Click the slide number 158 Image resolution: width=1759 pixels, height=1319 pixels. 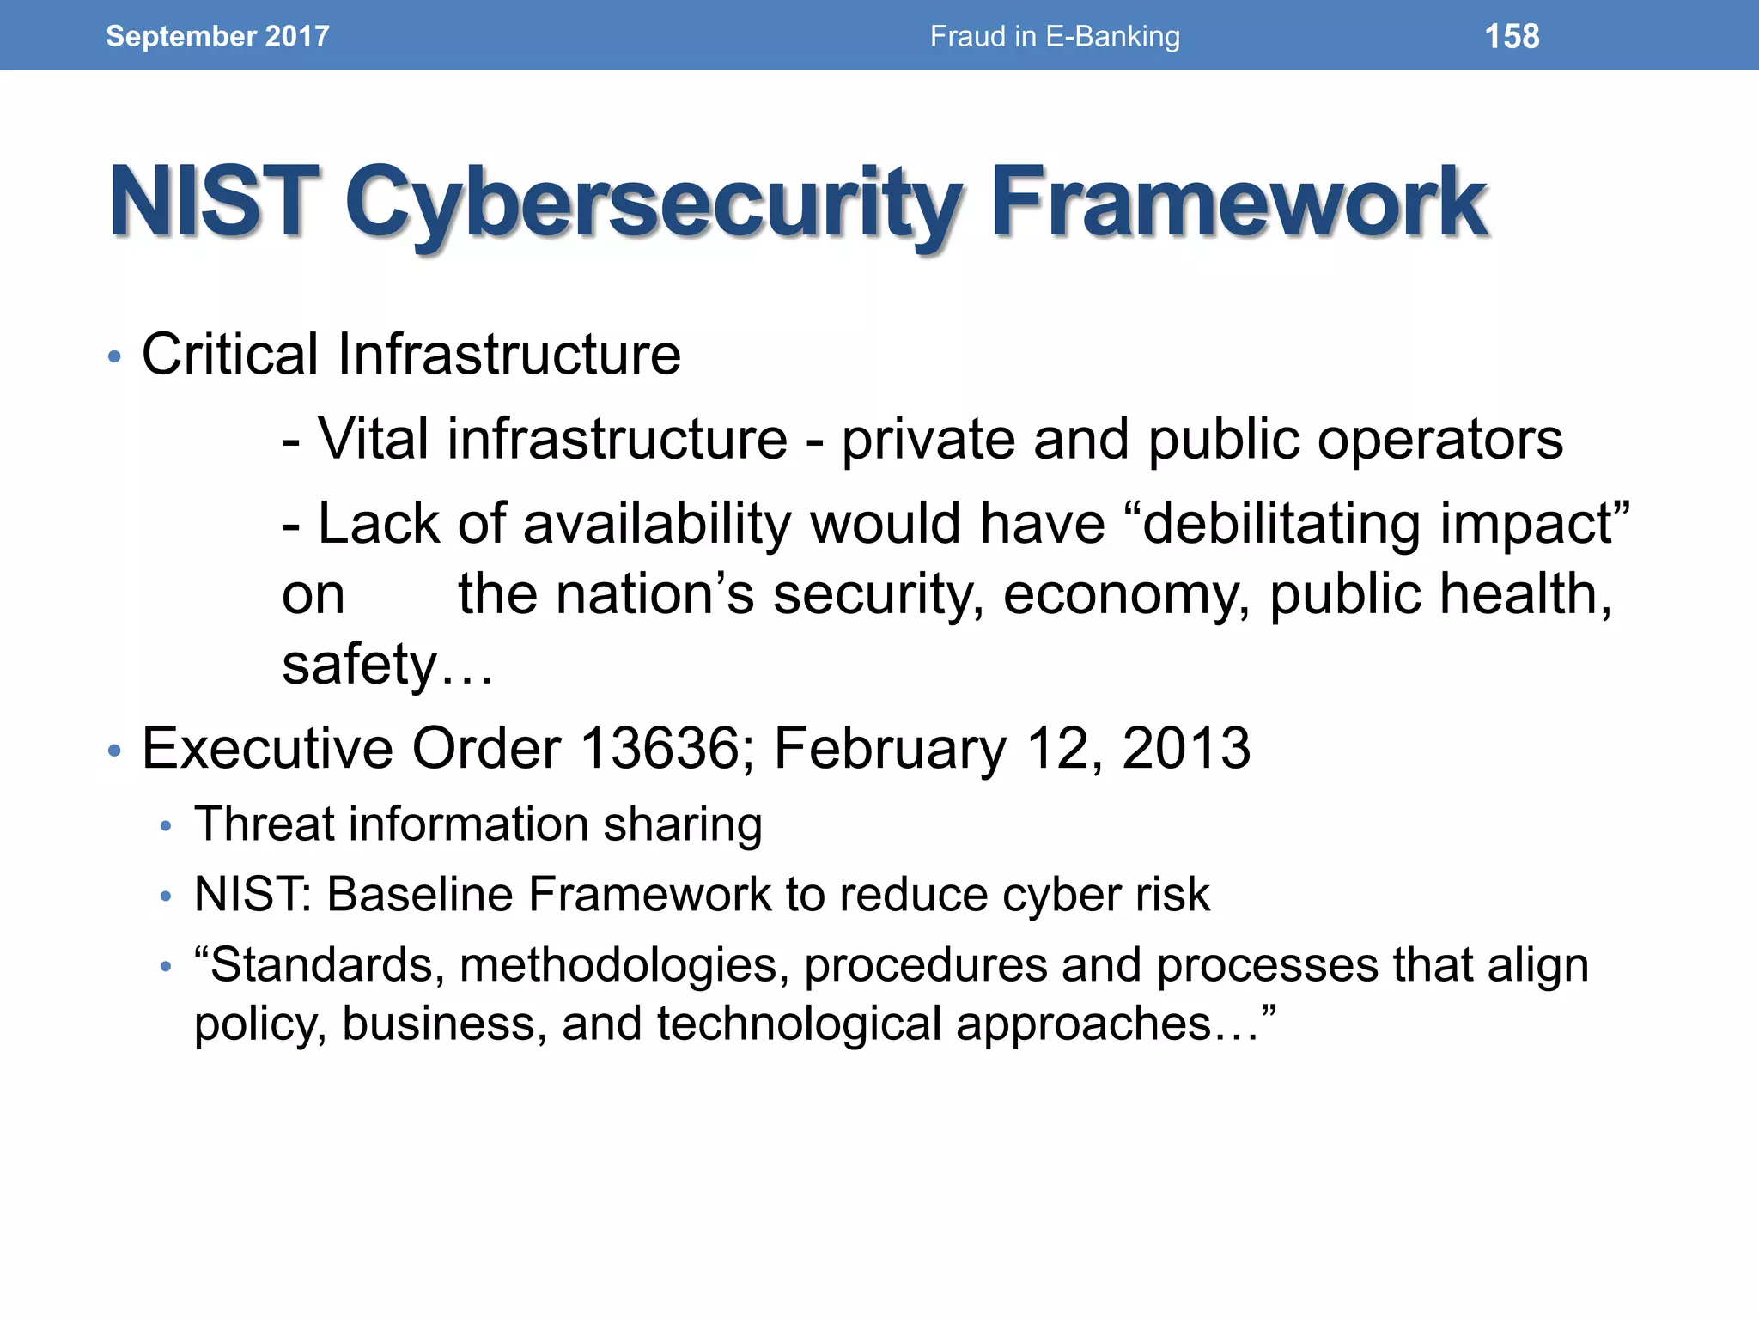tap(1512, 36)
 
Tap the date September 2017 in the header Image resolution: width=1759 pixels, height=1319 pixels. tap(217, 36)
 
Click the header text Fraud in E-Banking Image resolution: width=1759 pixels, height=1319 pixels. tap(1055, 36)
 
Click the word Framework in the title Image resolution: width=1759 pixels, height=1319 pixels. tap(1239, 204)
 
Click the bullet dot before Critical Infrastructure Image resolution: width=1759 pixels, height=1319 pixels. tap(115, 357)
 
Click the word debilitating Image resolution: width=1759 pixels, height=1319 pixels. tap(1281, 524)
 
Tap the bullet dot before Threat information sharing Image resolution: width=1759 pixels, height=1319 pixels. tap(167, 827)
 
